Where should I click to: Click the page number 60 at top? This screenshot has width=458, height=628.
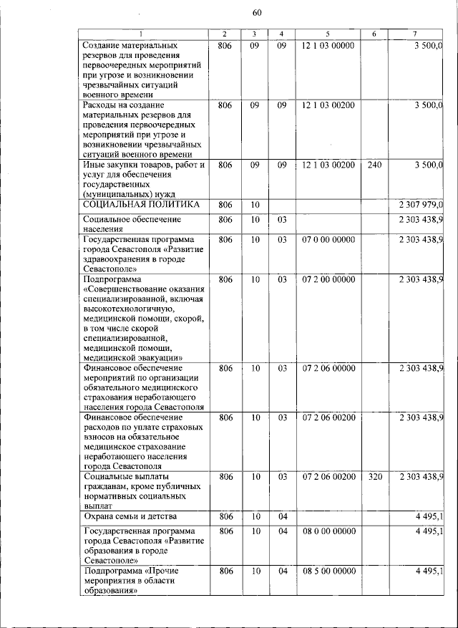point(258,11)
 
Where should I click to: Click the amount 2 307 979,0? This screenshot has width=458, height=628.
point(421,206)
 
